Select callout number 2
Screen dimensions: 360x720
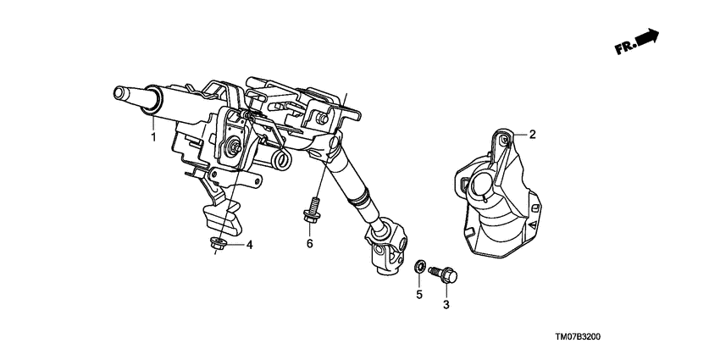click(533, 134)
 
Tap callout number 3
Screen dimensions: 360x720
click(446, 302)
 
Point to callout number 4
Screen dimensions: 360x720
click(250, 245)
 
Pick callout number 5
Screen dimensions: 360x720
click(418, 295)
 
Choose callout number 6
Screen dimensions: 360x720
click(310, 244)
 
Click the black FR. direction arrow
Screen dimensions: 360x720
click(648, 37)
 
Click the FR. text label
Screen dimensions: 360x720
click(625, 47)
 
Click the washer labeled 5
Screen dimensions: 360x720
click(419, 267)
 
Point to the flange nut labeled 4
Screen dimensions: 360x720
click(219, 245)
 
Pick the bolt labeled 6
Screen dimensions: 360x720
click(310, 212)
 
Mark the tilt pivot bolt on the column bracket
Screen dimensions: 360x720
click(231, 150)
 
